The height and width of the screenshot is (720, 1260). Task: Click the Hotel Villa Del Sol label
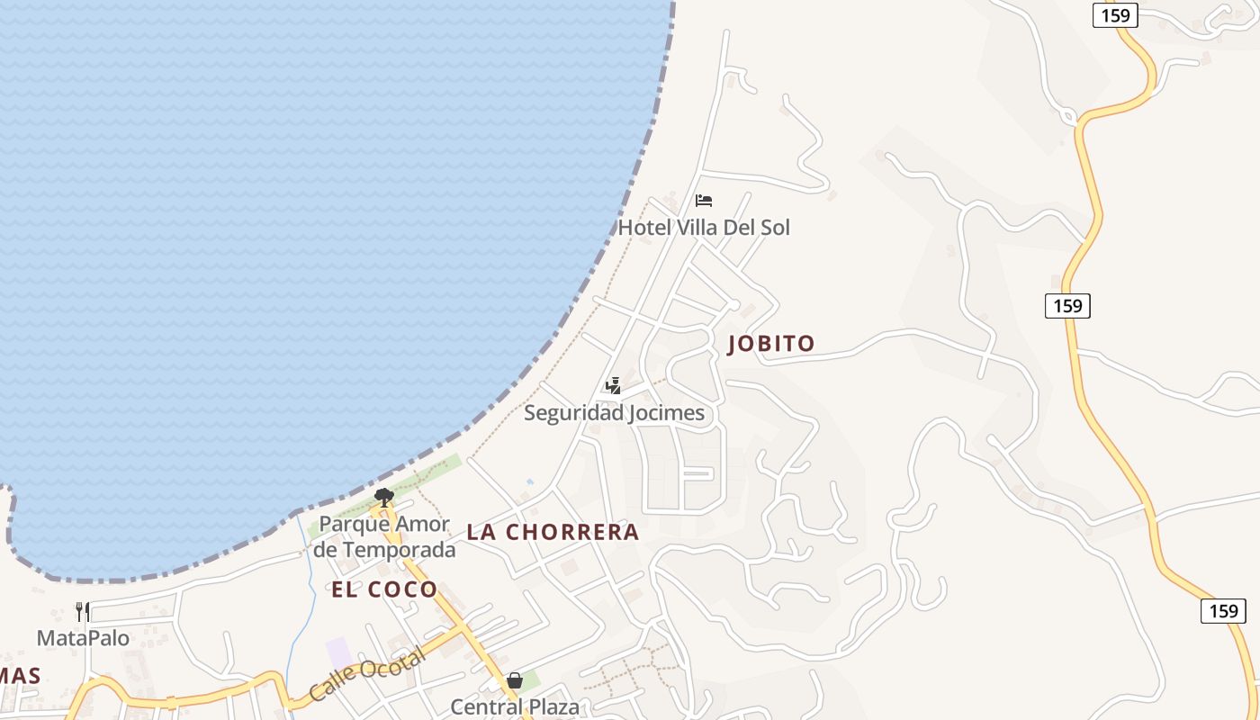click(x=703, y=228)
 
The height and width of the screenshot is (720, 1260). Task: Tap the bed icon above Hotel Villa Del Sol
click(x=704, y=200)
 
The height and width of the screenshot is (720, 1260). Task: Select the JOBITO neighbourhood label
click(x=771, y=343)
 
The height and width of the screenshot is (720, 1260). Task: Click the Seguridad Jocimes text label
click(x=614, y=413)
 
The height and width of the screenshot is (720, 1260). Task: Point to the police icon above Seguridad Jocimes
click(x=613, y=386)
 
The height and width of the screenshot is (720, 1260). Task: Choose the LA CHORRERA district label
click(x=553, y=532)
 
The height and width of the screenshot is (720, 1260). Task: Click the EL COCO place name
click(x=384, y=589)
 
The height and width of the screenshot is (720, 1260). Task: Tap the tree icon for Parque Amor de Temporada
click(x=384, y=497)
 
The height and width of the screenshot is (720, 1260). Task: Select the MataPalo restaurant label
click(x=83, y=638)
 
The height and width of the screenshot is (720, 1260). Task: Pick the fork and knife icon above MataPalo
click(x=82, y=612)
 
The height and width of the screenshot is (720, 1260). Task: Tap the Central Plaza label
click(x=515, y=706)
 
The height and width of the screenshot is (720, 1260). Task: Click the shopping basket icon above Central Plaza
click(x=515, y=680)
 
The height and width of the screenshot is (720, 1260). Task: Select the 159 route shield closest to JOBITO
click(x=1067, y=305)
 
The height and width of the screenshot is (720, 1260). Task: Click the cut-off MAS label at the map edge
click(x=20, y=675)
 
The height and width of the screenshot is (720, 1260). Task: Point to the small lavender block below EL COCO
click(x=338, y=652)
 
